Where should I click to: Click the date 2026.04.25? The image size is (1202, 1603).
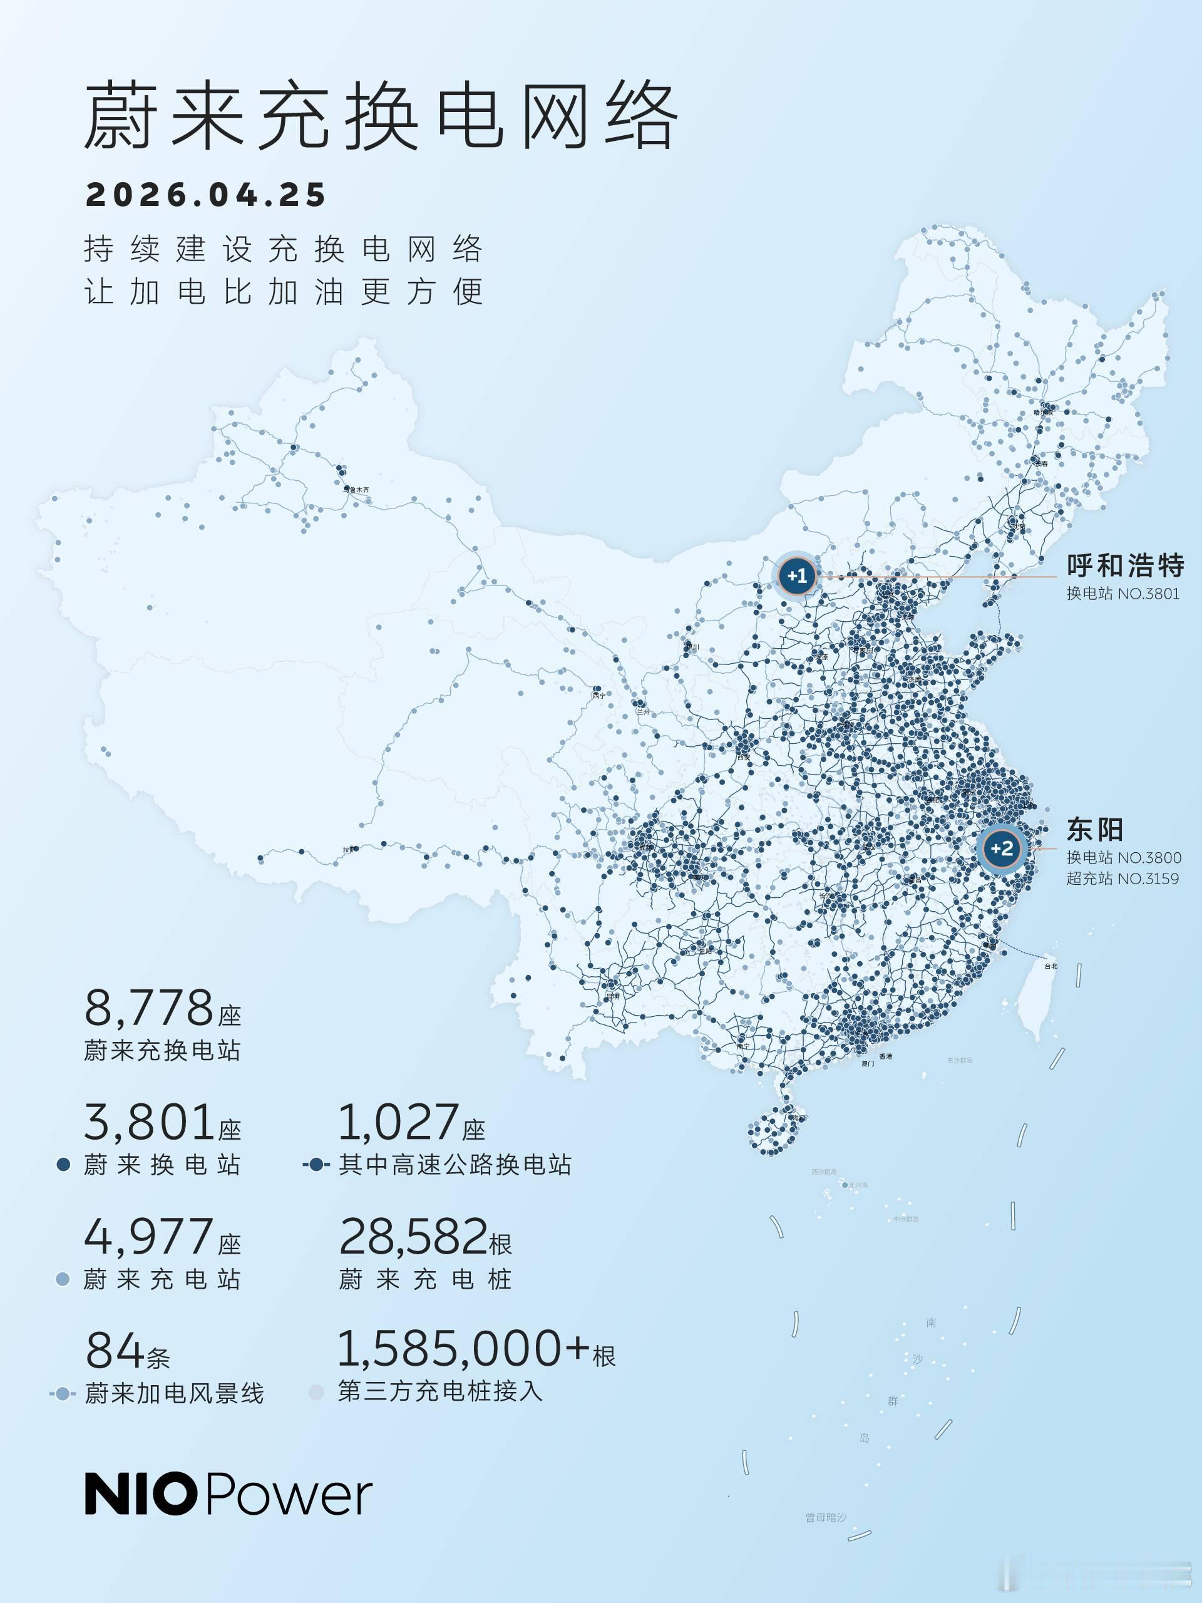[x=206, y=195]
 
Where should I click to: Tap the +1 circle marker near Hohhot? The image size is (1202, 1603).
[x=797, y=576]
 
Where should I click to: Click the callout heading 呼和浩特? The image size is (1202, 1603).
[x=1124, y=565]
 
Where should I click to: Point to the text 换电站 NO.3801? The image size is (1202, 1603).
[x=1122, y=594]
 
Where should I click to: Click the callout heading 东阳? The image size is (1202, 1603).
[x=1095, y=829]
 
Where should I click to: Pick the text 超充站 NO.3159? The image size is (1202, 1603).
[x=1122, y=879]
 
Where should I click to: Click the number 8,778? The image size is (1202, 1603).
[x=148, y=1008]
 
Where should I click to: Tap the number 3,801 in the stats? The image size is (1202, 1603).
[x=148, y=1123]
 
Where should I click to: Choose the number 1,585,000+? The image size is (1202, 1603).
[x=464, y=1349]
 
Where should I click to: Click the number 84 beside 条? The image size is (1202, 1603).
[x=115, y=1351]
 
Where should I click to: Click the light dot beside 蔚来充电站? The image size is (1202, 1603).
[x=63, y=1280]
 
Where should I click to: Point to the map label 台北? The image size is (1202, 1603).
[x=1050, y=966]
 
